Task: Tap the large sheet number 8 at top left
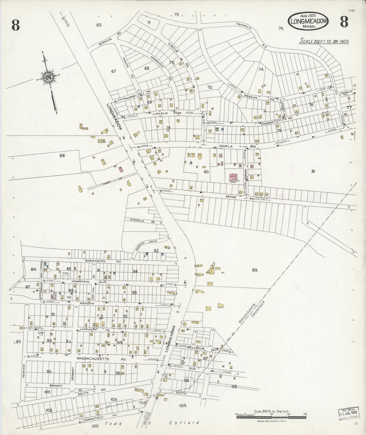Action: coord(15,25)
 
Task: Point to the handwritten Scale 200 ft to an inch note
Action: coord(324,41)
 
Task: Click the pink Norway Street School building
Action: coord(232,177)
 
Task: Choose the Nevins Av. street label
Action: coord(230,196)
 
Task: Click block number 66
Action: coord(62,155)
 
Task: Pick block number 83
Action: coord(255,270)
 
